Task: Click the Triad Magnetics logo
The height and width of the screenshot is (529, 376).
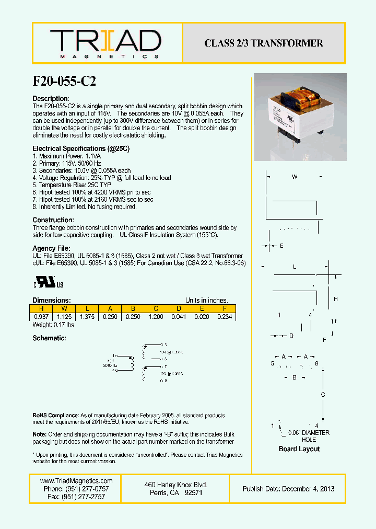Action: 105,43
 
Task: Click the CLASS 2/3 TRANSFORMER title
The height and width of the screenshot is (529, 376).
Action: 264,43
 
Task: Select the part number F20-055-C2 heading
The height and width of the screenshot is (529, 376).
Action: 64,82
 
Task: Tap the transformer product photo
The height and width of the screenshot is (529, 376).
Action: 300,117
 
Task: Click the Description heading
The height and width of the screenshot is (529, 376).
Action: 51,99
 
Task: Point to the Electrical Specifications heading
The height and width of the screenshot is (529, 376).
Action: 81,149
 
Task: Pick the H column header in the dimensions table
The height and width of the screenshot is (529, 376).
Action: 42,308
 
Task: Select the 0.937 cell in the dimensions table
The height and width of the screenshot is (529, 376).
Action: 42,317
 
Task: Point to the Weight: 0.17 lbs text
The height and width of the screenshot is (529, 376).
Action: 53,325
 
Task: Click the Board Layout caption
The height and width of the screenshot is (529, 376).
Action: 299,449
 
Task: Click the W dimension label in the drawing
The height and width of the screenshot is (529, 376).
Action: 295,177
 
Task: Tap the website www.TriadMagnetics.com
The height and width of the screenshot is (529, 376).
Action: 76,481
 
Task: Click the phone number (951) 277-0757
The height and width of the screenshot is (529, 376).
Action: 76,489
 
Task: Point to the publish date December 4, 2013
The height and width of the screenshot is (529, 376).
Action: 288,489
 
